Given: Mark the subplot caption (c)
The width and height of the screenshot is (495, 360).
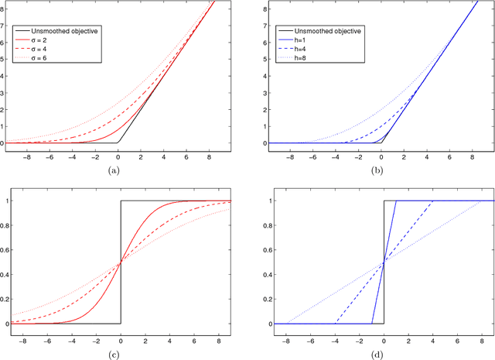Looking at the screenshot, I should pyautogui.click(x=114, y=353).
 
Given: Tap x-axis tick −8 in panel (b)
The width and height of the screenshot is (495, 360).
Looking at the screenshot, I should pyautogui.click(x=287, y=155).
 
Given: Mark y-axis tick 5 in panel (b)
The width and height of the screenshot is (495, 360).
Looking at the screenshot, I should pyautogui.click(x=266, y=60).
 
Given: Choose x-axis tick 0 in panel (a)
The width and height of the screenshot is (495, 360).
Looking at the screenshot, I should pyautogui.click(x=118, y=155).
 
